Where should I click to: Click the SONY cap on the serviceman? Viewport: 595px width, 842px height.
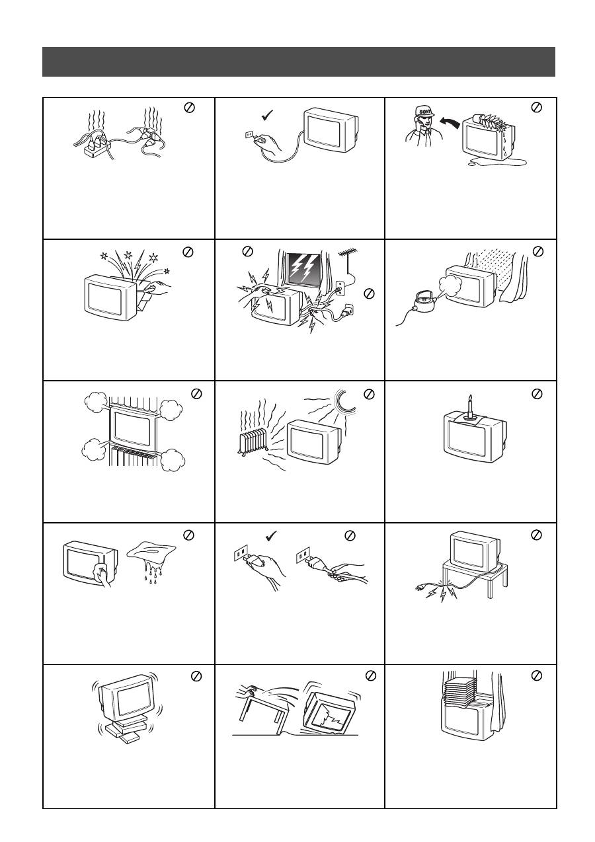tap(424, 112)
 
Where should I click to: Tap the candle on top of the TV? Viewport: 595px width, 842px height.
tap(469, 407)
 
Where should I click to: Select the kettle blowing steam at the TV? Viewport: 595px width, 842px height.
tap(420, 301)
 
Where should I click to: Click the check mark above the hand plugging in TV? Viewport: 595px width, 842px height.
tap(267, 115)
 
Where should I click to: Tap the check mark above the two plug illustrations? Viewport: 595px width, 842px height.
tap(271, 535)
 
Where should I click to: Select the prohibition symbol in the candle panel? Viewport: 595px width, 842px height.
tap(537, 393)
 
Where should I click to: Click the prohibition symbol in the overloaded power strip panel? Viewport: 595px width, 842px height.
tap(189, 108)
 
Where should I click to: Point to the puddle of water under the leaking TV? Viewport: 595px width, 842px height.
tap(496, 162)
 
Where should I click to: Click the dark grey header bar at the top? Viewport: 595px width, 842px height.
tap(299, 61)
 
